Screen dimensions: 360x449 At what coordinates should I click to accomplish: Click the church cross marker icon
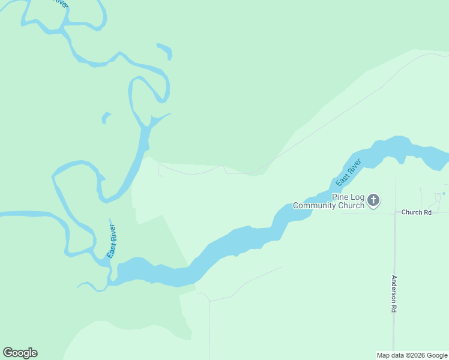click(373, 200)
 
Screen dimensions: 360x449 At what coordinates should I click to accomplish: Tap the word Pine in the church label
click(340, 197)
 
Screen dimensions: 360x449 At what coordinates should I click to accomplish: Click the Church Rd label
click(416, 212)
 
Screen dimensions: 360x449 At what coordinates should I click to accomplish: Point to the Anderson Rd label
click(394, 293)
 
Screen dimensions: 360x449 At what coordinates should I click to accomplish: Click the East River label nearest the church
click(348, 172)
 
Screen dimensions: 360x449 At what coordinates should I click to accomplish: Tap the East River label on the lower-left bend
click(112, 241)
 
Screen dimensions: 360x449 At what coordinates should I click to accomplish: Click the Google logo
click(20, 353)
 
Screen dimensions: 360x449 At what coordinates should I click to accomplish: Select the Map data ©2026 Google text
click(412, 355)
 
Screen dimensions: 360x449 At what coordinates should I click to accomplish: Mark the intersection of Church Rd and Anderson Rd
click(395, 212)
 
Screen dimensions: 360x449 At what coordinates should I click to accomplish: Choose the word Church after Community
click(352, 205)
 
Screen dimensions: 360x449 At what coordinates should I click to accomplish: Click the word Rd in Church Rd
click(427, 212)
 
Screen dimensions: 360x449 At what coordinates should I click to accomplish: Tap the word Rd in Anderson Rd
click(394, 308)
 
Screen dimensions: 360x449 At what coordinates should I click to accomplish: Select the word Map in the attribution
click(382, 355)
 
